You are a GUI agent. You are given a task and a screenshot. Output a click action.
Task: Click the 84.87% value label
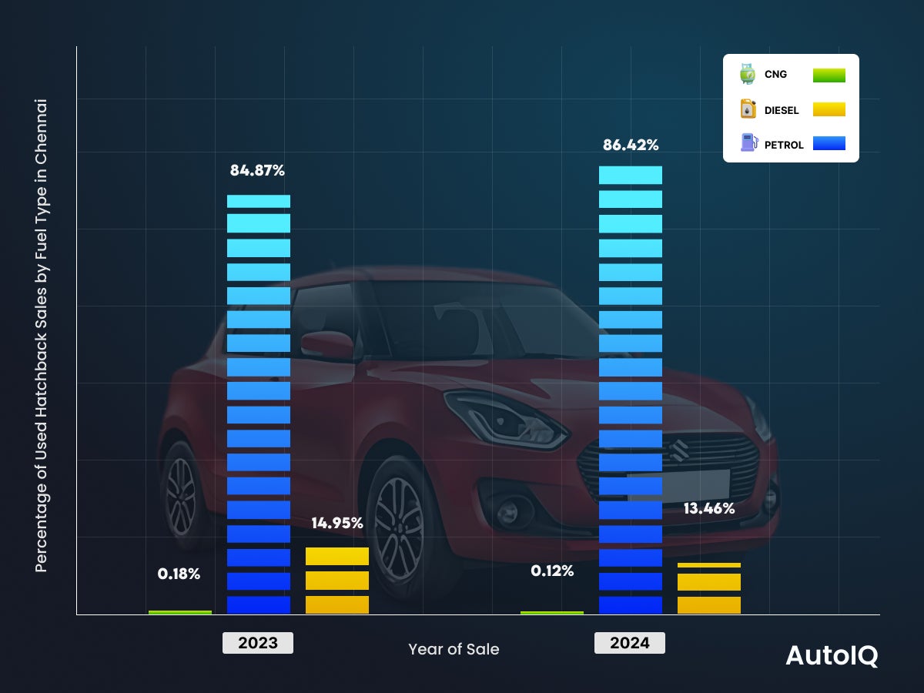tap(257, 171)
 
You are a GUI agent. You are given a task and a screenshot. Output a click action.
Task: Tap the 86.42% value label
tap(631, 145)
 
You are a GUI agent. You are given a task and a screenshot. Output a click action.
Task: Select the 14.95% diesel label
tap(337, 524)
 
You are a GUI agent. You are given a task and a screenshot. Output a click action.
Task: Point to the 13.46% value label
tap(708, 508)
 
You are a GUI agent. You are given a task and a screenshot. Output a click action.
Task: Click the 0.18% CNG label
tap(179, 574)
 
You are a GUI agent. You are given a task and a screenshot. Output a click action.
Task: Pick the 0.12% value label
tap(552, 571)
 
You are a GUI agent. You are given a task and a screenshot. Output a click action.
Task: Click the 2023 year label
tap(258, 643)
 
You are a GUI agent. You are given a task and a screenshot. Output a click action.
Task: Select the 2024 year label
tap(630, 643)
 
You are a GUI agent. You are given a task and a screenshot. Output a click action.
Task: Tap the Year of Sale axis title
tap(454, 649)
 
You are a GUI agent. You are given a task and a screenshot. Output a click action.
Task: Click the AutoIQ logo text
tap(831, 655)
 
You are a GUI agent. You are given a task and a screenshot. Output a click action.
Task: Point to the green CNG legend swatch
tap(829, 75)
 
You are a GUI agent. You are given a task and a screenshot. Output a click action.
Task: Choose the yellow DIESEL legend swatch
tap(829, 109)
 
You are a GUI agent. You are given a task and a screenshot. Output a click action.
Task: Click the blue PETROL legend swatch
tap(829, 143)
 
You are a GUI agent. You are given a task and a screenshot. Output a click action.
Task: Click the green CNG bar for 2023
tap(180, 612)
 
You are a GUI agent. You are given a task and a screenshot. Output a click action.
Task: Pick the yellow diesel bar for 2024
tap(708, 589)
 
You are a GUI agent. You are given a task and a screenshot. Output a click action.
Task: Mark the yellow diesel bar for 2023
tap(337, 581)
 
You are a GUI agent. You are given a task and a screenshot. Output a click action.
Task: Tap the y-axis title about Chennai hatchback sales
tap(42, 335)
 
